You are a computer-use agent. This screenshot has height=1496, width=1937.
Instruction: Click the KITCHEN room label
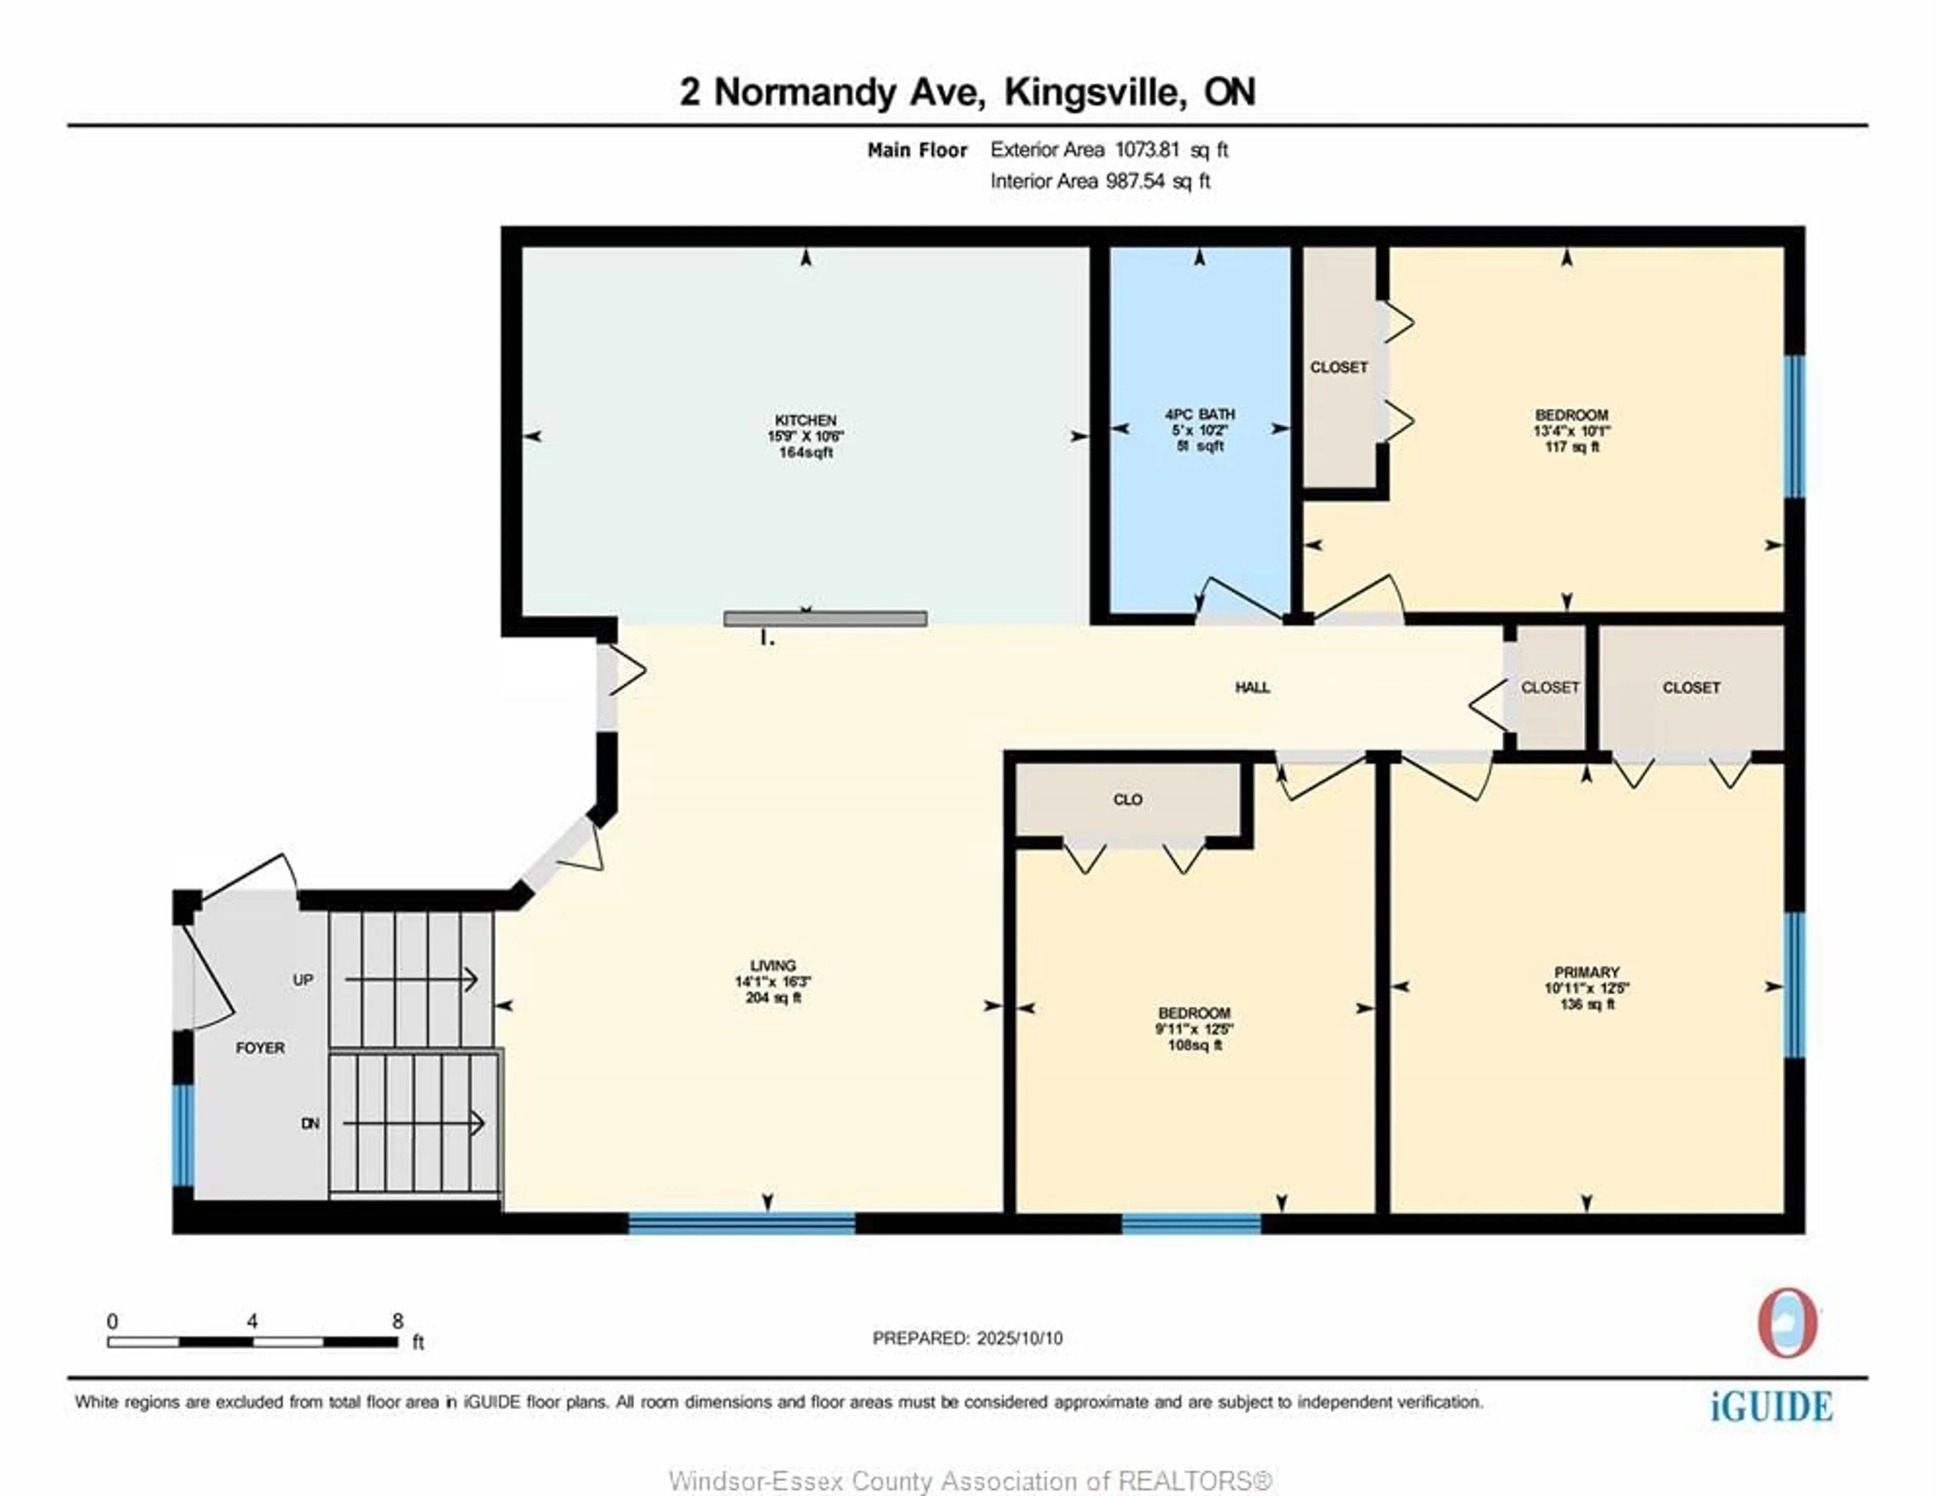click(x=805, y=420)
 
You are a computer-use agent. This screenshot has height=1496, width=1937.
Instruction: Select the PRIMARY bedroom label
click(x=1586, y=972)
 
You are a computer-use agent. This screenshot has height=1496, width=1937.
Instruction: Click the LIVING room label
click(x=772, y=966)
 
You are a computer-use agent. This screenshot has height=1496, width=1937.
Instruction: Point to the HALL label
click(x=1252, y=687)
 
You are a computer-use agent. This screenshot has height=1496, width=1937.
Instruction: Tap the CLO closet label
click(x=1127, y=800)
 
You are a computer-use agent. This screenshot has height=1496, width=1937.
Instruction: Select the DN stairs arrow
click(x=413, y=1123)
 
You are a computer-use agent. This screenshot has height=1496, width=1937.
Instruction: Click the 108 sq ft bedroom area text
click(x=1194, y=1046)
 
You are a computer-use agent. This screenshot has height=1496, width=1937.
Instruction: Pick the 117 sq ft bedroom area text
click(x=1572, y=447)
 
